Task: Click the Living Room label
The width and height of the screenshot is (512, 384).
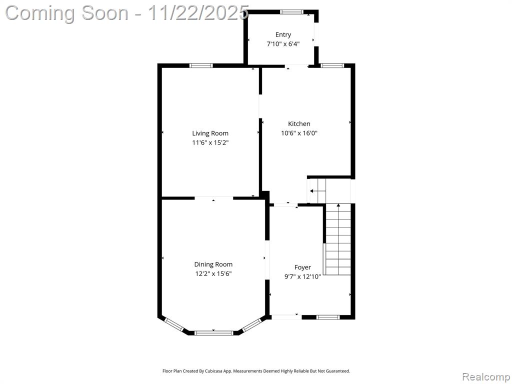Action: click(x=210, y=133)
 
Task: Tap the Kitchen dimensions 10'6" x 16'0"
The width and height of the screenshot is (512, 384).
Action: click(x=299, y=133)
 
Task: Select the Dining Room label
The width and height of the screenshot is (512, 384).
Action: click(x=213, y=264)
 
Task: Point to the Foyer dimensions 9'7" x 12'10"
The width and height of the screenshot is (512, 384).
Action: click(x=302, y=277)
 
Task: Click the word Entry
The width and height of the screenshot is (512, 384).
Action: click(x=283, y=34)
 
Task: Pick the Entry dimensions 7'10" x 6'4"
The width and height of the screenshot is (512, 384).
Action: click(x=283, y=44)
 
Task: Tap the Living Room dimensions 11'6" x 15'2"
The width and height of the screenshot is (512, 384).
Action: click(x=210, y=142)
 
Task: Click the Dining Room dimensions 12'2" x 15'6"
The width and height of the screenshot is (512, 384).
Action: click(x=213, y=273)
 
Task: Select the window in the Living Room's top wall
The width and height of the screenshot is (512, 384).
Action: click(x=201, y=65)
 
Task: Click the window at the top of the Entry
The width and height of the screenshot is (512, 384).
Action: click(x=291, y=12)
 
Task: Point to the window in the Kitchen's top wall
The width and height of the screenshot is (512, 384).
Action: click(x=332, y=65)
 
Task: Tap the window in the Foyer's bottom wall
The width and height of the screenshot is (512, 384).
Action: click(x=328, y=317)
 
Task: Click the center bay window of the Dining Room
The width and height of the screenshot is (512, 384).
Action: click(x=213, y=333)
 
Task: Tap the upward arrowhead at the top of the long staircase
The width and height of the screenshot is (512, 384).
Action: click(x=338, y=205)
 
